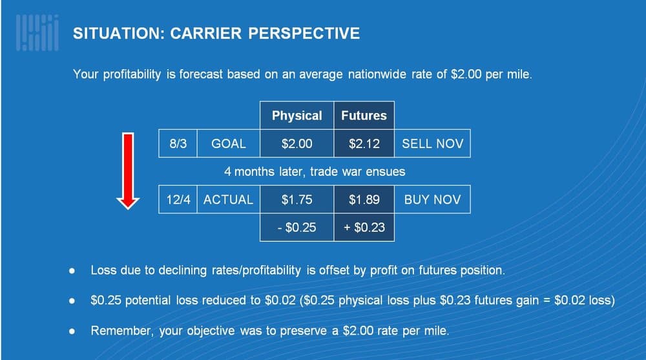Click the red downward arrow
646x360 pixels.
128,171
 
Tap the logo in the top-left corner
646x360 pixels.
37,32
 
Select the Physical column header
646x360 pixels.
297,116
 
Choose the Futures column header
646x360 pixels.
364,116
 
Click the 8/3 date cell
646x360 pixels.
178,143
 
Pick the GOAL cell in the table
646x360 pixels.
229,143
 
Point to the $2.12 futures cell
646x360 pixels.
364,143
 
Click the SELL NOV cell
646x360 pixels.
432,143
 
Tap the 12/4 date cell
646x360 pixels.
178,200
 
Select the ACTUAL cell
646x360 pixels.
229,200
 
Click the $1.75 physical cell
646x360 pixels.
297,200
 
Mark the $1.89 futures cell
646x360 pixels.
364,200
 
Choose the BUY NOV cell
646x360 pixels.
432,200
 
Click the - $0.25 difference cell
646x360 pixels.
297,228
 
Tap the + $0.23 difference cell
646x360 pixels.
364,228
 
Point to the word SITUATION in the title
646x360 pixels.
119,34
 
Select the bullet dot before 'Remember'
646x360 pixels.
72,331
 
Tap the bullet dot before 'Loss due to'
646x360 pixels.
72,271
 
